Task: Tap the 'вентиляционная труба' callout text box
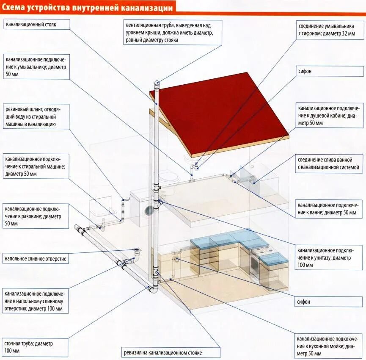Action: [x=173, y=32]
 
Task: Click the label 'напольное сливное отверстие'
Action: [x=36, y=258]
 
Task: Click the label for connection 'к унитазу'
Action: [x=329, y=258]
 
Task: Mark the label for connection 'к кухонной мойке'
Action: [x=329, y=346]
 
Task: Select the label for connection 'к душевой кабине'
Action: [x=329, y=116]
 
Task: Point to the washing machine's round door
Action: [x=149, y=210]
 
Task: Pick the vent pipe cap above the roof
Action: [x=157, y=83]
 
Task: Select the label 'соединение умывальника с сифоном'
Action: [x=329, y=30]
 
